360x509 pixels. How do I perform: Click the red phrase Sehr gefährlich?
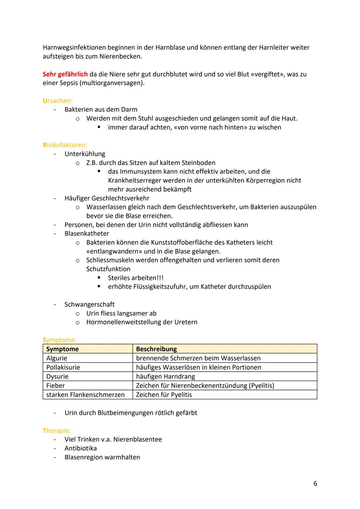tap(65, 74)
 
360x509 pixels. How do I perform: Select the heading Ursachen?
tap(57, 101)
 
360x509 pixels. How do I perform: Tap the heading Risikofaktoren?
tap(65, 145)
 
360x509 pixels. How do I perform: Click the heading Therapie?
tap(57, 431)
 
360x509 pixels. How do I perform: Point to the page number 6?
tap(315, 484)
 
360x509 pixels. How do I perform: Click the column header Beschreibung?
tap(156, 349)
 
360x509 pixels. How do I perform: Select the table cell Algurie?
tap(57, 358)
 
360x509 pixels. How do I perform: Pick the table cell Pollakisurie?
tap(63, 367)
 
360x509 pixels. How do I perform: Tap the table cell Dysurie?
tap(57, 377)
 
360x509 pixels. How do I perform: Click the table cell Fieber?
tap(55, 386)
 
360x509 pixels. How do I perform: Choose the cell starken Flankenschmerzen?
tap(85, 395)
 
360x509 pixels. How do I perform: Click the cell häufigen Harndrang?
tap(165, 377)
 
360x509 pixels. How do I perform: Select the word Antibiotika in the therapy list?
tap(81, 448)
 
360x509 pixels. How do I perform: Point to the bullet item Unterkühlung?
tap(85, 154)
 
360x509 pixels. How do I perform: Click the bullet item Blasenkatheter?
tap(87, 234)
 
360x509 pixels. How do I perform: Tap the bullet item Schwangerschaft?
tap(89, 305)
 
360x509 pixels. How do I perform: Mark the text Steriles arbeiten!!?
tap(135, 278)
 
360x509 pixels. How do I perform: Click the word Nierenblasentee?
tap(137, 439)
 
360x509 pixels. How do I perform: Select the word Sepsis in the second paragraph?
tap(68, 83)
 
